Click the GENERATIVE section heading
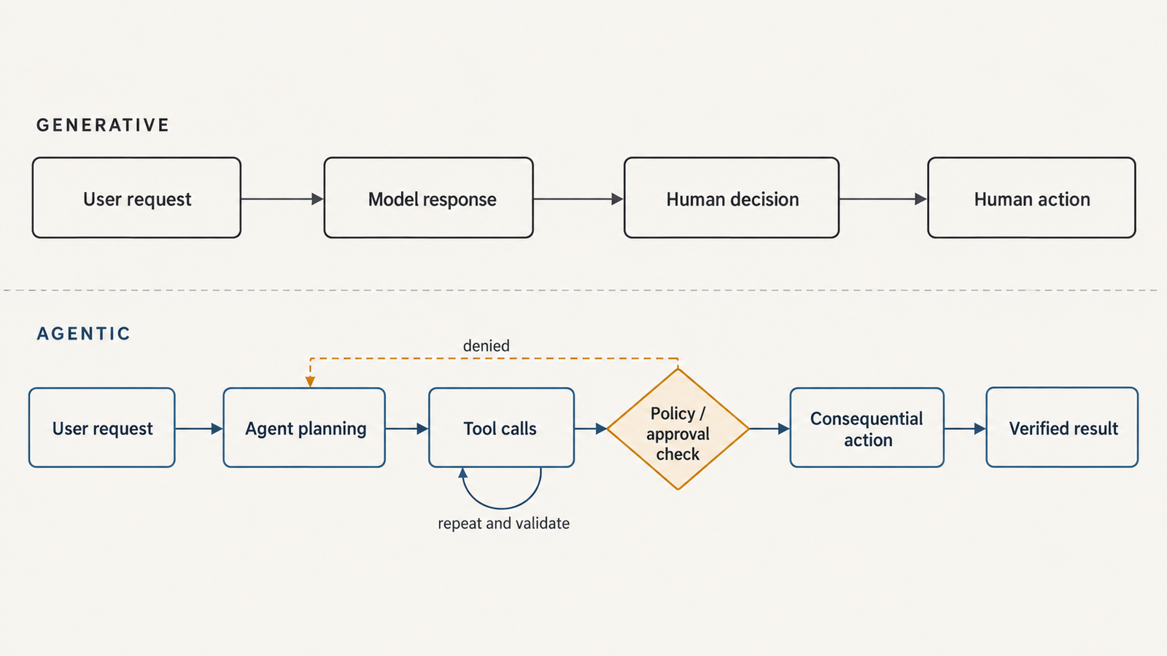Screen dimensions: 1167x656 tap(103, 125)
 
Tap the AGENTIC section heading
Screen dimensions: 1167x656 tap(83, 333)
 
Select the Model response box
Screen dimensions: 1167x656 tap(429, 198)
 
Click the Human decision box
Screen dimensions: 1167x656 tap(732, 198)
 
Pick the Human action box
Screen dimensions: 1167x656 tap(1031, 198)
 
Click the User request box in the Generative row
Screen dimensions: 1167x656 tap(136, 198)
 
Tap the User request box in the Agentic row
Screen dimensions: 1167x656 tap(102, 427)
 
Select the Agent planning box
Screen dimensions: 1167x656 tap(304, 427)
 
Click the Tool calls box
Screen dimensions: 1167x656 tap(502, 427)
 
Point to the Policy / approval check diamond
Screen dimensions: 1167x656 tap(678, 429)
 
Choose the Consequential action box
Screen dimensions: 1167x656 tap(867, 427)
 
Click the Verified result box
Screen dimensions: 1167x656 tap(1062, 427)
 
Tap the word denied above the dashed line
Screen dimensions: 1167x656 tap(486, 345)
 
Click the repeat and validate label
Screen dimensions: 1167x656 tap(504, 523)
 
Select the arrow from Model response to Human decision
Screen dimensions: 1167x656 tap(579, 199)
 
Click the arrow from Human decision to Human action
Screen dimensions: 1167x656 tap(883, 199)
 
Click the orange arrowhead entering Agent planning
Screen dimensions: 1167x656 tap(310, 382)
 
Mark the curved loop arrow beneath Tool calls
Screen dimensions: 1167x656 tap(501, 507)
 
